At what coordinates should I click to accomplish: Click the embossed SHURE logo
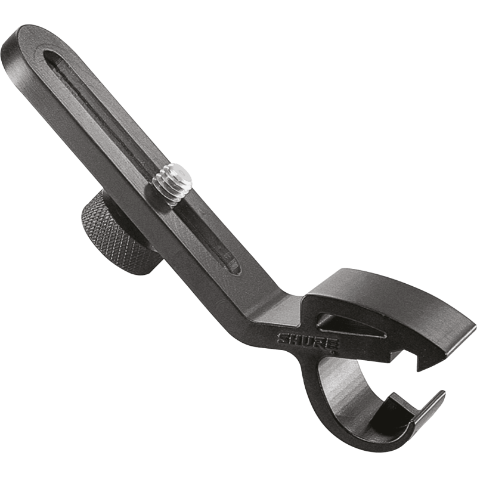(x=308, y=342)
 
